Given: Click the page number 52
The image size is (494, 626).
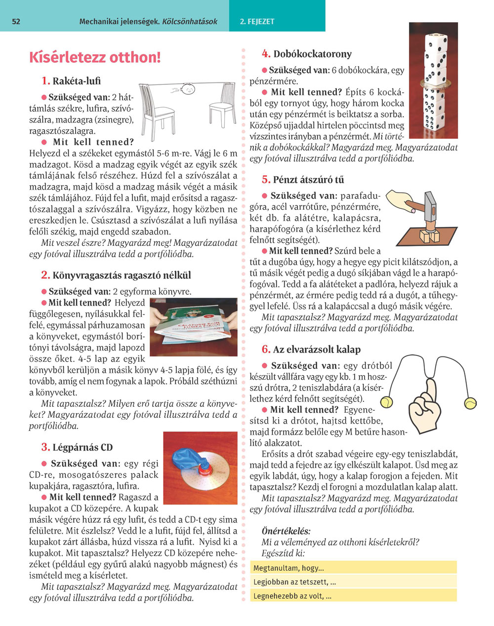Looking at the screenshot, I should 16,22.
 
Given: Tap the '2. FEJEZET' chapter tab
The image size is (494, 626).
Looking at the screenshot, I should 257,22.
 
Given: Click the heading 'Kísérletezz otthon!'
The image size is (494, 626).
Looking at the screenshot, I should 95,57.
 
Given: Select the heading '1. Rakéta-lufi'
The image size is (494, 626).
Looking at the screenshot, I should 71,81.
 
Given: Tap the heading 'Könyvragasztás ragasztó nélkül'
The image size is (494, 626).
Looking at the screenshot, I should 116,275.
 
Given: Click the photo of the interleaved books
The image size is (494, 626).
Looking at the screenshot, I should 194,327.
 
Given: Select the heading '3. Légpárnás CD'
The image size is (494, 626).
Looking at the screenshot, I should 77,448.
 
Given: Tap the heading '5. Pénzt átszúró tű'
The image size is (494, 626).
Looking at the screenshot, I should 303,180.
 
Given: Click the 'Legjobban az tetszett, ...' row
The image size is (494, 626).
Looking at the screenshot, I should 353,582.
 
